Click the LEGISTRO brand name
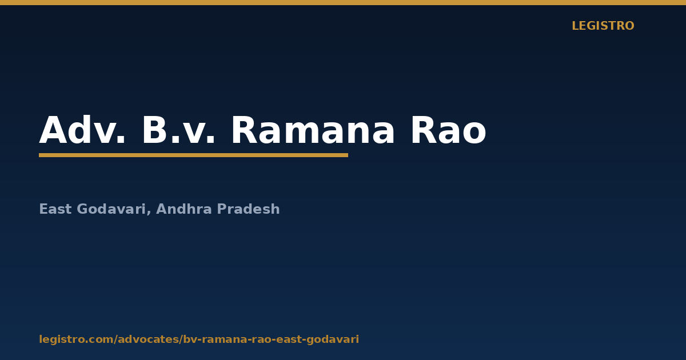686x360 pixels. pos(603,26)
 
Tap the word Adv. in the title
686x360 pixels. pos(82,130)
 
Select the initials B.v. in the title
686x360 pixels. pos(178,130)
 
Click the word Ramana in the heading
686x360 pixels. pos(313,130)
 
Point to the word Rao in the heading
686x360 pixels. pos(448,130)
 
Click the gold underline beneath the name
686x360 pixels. pos(194,155)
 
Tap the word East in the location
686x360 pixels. pos(55,209)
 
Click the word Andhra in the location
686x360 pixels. pos(184,209)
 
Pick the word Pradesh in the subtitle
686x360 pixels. pos(248,209)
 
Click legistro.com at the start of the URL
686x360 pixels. pos(76,339)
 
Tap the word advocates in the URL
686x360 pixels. pos(148,339)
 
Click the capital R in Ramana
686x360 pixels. pos(244,130)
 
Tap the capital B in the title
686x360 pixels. pos(154,130)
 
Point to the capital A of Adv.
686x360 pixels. pos(54,130)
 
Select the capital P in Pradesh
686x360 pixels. pos(222,209)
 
